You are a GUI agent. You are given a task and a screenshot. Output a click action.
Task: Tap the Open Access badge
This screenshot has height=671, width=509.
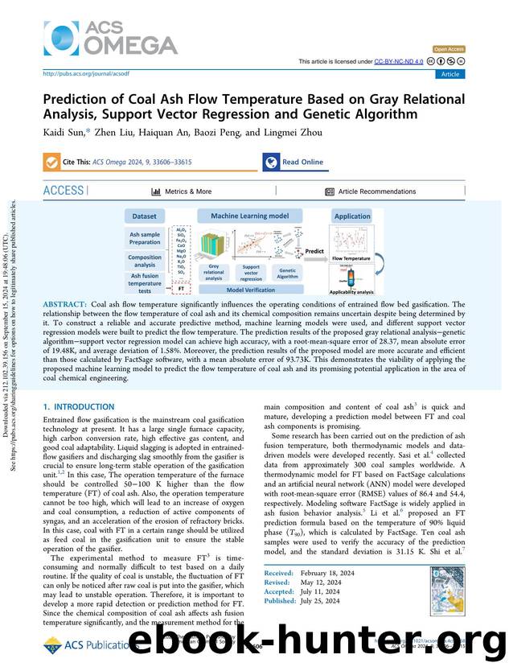point(448,50)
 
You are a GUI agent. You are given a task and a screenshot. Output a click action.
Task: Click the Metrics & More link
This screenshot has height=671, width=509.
point(182,191)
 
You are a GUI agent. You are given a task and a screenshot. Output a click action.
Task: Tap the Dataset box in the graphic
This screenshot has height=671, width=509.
point(145,216)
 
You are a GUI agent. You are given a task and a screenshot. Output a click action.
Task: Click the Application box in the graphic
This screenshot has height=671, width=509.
point(352,216)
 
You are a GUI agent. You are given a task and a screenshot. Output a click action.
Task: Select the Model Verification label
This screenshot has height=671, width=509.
point(251,290)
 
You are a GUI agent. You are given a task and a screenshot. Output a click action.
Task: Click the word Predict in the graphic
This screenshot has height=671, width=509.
point(314,250)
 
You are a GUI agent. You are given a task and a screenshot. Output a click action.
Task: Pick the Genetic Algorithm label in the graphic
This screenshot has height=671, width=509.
point(287,274)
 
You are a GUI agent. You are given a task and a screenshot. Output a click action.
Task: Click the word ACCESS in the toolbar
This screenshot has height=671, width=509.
point(64,191)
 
